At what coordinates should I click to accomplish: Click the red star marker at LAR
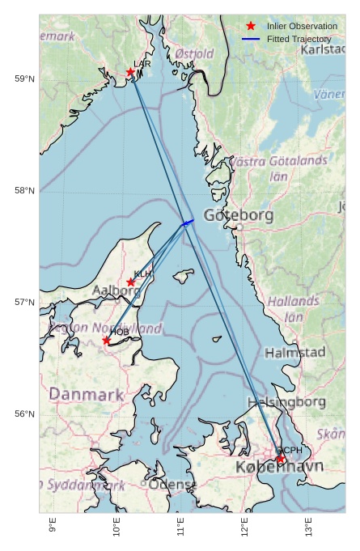click(x=130, y=72)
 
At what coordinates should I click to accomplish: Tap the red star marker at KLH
click(x=131, y=282)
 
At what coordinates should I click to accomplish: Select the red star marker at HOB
click(x=107, y=341)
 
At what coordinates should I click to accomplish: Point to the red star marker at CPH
click(x=281, y=459)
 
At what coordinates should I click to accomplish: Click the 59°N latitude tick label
click(x=24, y=78)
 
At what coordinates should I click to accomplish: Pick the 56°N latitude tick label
click(x=24, y=413)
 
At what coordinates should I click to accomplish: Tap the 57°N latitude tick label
click(x=24, y=302)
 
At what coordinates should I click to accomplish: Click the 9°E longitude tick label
click(x=53, y=527)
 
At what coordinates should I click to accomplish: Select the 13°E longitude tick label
click(x=309, y=527)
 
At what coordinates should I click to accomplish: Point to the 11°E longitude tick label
click(x=180, y=527)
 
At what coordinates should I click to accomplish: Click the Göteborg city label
click(x=239, y=215)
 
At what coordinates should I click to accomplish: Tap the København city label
click(x=279, y=468)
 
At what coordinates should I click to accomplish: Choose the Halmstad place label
click(x=294, y=353)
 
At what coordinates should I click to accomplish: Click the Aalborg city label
click(x=116, y=290)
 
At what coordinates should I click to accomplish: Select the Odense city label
click(x=172, y=485)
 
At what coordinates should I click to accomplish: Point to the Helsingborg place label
click(x=286, y=401)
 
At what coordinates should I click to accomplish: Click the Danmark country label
click(x=86, y=395)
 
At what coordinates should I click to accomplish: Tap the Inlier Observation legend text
click(x=302, y=26)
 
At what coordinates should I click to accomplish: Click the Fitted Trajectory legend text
click(x=299, y=39)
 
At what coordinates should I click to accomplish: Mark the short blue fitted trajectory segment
click(x=188, y=222)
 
